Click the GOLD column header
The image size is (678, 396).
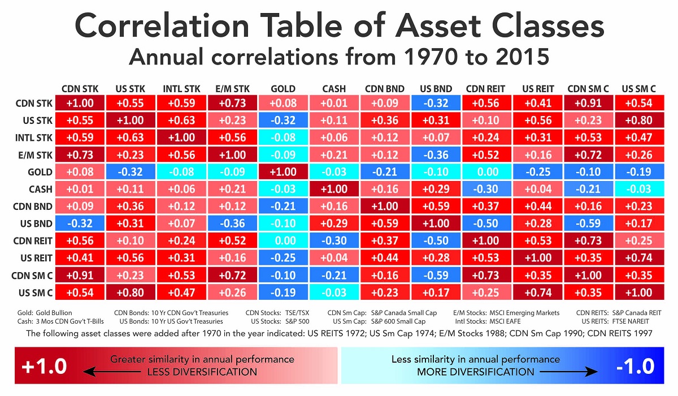coord(283,89)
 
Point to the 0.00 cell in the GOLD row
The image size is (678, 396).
coord(486,172)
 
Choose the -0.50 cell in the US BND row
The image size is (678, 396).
coord(486,223)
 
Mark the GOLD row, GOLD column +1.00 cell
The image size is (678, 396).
coord(283,172)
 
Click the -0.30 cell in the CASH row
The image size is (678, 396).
coord(486,189)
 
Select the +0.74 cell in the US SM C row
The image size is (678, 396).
coord(537,292)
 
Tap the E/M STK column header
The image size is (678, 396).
coord(232,89)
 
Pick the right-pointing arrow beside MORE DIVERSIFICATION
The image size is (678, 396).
coord(571,372)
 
